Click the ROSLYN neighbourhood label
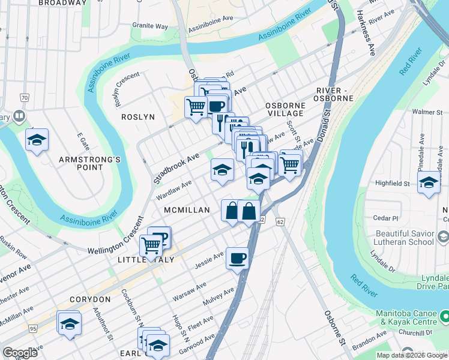(138, 117)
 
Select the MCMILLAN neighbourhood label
(187, 210)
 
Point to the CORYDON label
(89, 299)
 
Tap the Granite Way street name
(150, 26)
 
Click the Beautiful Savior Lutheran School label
(405, 237)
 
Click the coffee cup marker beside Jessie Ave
(237, 259)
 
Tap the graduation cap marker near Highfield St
(429, 183)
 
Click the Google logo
(20, 352)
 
